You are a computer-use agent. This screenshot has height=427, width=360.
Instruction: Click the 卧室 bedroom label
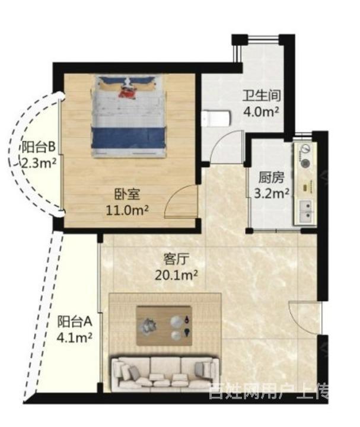(127, 195)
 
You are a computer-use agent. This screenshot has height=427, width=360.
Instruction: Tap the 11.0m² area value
(127, 211)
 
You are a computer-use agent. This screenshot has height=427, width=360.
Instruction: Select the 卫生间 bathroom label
(262, 96)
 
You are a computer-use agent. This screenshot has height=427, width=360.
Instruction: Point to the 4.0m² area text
(262, 111)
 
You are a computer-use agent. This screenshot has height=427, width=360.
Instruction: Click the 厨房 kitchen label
(271, 178)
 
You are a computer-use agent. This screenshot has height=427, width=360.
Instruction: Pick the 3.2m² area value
(272, 193)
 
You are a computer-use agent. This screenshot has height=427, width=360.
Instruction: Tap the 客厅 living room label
(176, 259)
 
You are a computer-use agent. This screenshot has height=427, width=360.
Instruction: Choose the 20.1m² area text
(176, 275)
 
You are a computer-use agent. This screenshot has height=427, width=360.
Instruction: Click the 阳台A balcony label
(75, 321)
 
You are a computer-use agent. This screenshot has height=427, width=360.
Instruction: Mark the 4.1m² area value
(74, 337)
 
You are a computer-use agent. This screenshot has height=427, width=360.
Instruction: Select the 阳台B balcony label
(39, 147)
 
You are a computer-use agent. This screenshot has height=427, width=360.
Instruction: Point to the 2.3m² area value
(39, 163)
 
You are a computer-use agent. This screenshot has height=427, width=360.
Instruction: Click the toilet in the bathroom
(216, 118)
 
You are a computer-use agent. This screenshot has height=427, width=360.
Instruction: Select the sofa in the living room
(165, 373)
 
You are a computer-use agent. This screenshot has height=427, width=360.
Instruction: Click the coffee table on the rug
(164, 326)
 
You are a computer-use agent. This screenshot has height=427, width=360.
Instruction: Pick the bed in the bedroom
(129, 117)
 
